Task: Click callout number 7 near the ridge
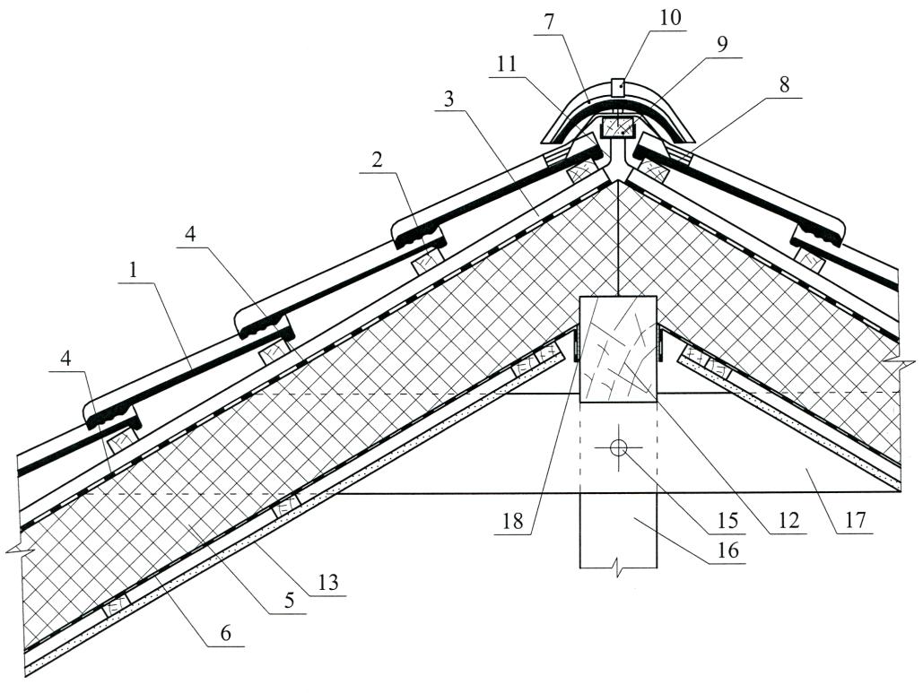point(549,23)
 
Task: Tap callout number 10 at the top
point(669,18)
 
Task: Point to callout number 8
point(784,85)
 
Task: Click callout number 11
point(506,64)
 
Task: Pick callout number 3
point(449,99)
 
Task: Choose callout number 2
point(378,160)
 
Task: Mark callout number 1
point(134,270)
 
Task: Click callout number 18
point(512,521)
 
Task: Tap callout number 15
point(727,521)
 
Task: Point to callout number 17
point(855,520)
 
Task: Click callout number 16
point(727,550)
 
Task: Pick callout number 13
point(328,583)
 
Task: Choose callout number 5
point(289,602)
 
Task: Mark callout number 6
point(226,634)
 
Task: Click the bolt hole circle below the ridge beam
point(617,448)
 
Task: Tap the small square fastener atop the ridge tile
point(617,88)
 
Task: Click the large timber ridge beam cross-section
point(618,348)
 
